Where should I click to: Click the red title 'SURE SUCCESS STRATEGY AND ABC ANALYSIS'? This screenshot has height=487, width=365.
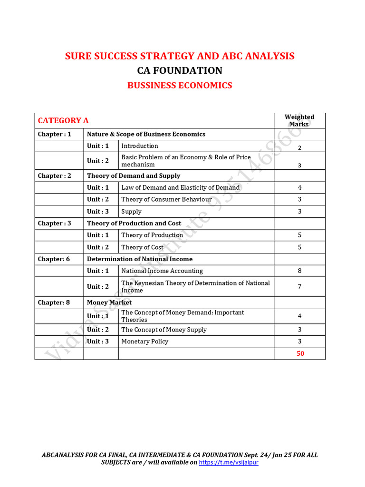pyautogui.click(x=180, y=56)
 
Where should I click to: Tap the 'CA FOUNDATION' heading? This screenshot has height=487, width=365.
pyautogui.click(x=180, y=71)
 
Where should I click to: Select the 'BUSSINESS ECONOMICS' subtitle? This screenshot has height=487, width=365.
pyautogui.click(x=180, y=86)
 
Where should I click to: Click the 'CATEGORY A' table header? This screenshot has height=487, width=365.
pyautogui.click(x=63, y=121)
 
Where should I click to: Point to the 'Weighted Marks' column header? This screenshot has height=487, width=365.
pyautogui.click(x=299, y=120)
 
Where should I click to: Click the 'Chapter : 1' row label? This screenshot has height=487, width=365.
pyautogui.click(x=55, y=134)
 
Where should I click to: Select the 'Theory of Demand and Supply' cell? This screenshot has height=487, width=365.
pyautogui.click(x=134, y=176)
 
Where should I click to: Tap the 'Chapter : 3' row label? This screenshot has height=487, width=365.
pyautogui.click(x=55, y=224)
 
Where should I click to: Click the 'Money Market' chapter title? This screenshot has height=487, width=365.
pyautogui.click(x=109, y=302)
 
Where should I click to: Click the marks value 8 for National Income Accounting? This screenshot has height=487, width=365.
pyautogui.click(x=299, y=271)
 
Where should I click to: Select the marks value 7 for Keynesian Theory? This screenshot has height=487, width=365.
pyautogui.click(x=299, y=287)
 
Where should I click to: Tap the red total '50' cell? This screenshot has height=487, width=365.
pyautogui.click(x=300, y=354)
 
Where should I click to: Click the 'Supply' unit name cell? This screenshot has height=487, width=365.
pyautogui.click(x=131, y=212)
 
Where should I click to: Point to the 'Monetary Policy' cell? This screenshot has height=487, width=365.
pyautogui.click(x=144, y=341)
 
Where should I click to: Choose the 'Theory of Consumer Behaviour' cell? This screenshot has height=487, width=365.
pyautogui.click(x=166, y=200)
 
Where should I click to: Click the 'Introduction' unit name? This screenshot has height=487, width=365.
pyautogui.click(x=140, y=146)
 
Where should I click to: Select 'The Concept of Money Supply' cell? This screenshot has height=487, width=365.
pyautogui.click(x=164, y=330)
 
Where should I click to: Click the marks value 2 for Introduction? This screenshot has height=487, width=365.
pyautogui.click(x=299, y=148)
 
